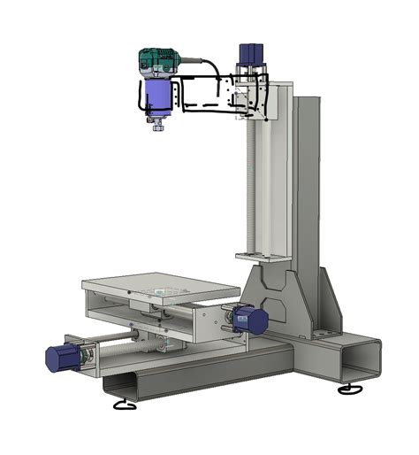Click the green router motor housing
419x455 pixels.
point(157,62)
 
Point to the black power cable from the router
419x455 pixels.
point(207,63)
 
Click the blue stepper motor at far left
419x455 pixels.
point(63,356)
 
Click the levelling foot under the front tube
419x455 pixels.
point(126,406)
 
